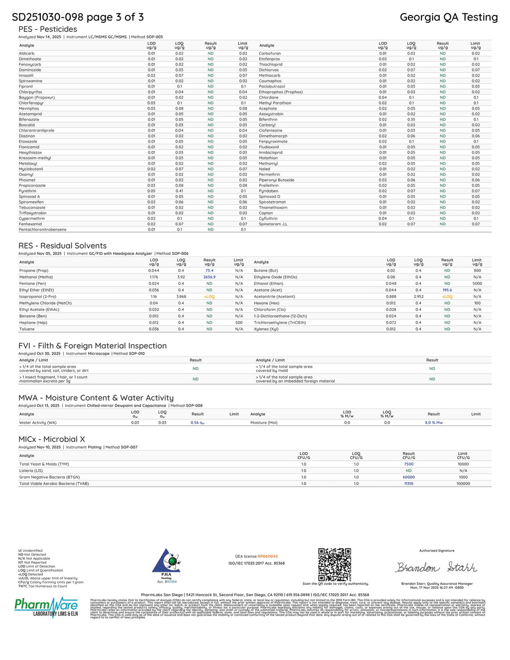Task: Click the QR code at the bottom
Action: pos(334,564)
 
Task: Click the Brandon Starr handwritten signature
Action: pos(436,567)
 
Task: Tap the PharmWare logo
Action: pos(46,607)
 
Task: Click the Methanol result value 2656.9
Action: pos(209,277)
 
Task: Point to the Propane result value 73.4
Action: pos(209,270)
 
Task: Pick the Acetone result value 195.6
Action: pos(447,290)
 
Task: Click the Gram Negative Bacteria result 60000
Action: pos(408,477)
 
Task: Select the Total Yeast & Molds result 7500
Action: pos(408,464)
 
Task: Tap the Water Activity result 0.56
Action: pos(197,423)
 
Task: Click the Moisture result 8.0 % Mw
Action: pos(433,423)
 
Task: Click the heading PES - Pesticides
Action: pos(48,29)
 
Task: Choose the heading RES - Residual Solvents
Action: pos(62,246)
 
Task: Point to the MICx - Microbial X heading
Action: pos(52,439)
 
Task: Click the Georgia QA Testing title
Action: pos(448,17)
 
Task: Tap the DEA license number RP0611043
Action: pos(267,556)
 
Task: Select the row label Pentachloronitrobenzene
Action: pos(42,230)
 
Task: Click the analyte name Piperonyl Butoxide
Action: pos(276,180)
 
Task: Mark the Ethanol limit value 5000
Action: pos(477,283)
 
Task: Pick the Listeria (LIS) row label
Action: pos(31,471)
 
